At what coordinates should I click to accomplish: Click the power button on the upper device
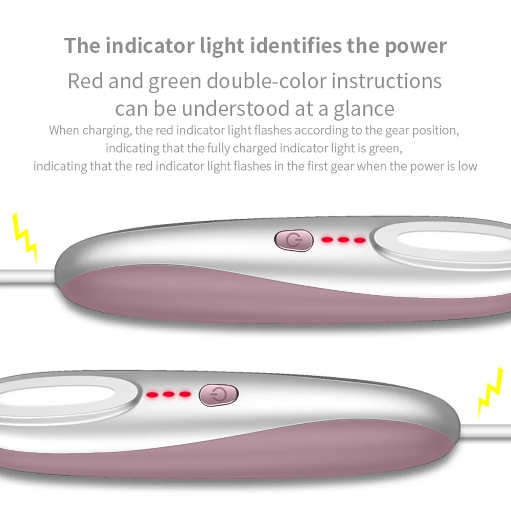click(293, 240)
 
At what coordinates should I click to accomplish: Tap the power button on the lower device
click(218, 395)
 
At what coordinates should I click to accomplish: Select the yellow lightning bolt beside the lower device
click(490, 392)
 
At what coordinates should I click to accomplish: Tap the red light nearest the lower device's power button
click(185, 394)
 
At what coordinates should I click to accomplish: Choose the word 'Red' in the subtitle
click(85, 81)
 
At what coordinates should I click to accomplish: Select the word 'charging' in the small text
click(105, 130)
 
